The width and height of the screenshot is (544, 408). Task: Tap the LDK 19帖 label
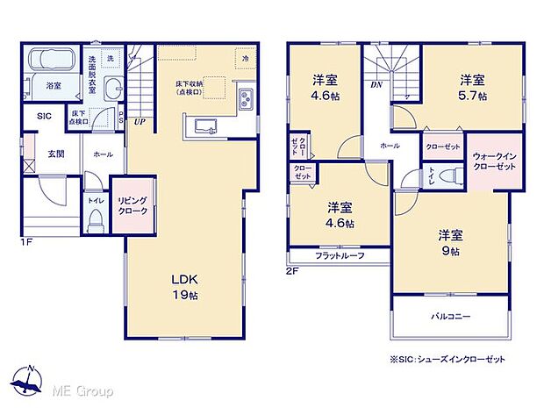click(x=185, y=287)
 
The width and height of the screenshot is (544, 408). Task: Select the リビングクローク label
click(x=132, y=205)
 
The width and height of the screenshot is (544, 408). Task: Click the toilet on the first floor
click(x=96, y=218)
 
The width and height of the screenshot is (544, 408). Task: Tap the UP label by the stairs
click(x=139, y=123)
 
